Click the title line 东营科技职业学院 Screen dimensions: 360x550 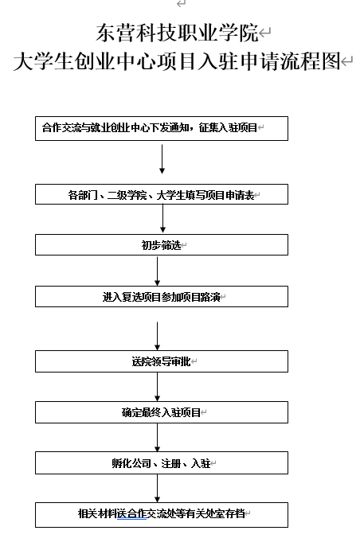178,33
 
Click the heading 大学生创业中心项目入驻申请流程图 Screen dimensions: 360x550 177,61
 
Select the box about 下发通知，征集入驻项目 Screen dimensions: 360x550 162,128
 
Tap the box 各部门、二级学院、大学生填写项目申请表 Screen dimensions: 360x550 162,194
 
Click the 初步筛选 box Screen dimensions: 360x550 162,245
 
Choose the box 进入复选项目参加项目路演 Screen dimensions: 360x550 162,297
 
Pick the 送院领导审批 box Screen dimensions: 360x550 162,361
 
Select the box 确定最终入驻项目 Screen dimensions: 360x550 162,412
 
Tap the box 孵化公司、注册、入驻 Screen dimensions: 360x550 162,463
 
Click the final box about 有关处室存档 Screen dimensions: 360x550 162,514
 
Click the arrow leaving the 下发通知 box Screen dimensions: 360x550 162,159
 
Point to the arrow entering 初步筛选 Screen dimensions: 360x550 162,219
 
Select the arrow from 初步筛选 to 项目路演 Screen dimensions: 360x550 157,271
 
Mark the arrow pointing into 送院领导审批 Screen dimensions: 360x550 157,336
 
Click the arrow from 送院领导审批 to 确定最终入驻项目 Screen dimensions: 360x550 157,387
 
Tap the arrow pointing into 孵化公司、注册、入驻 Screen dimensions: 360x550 157,438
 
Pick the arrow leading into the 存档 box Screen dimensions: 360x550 157,488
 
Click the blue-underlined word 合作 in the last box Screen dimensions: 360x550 136,513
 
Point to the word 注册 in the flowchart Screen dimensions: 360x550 170,463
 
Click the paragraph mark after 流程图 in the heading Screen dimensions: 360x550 346,62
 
